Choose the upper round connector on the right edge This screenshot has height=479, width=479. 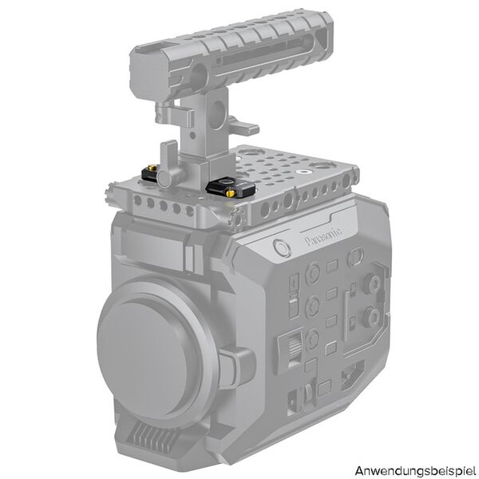click(370, 283)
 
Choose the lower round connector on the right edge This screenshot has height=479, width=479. click(370, 319)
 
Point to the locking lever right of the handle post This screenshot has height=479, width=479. click(243, 128)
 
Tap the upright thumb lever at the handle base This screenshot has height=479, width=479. click(168, 155)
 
